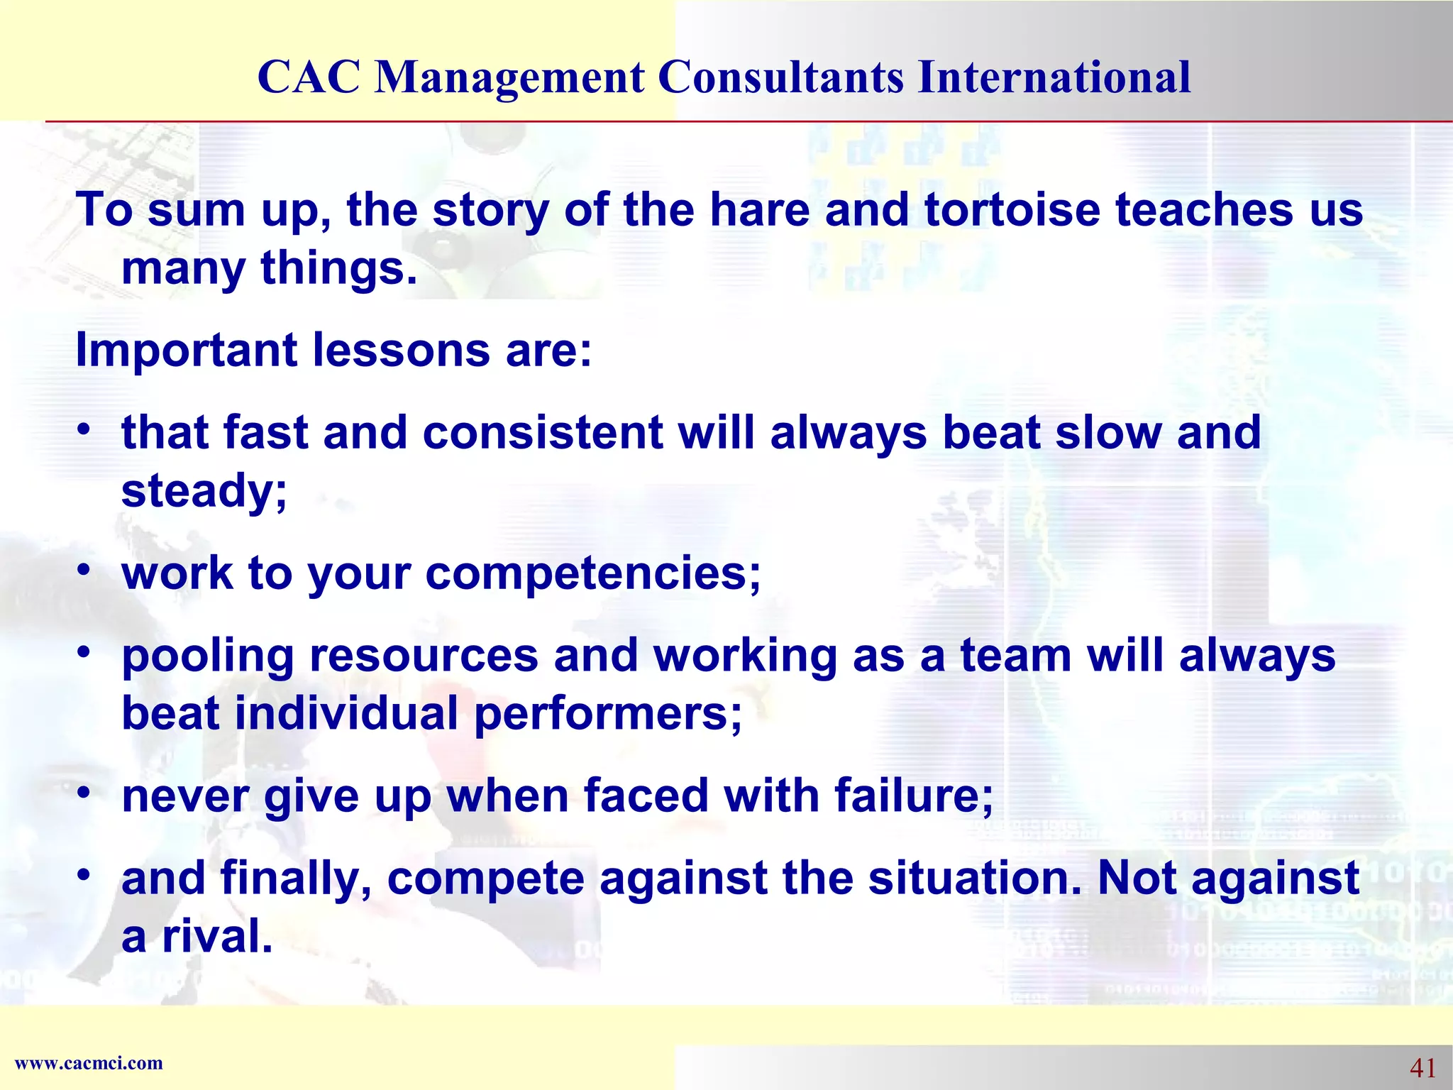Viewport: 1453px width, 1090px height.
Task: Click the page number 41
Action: [x=1422, y=1067]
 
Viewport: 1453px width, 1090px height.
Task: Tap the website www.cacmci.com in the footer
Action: [x=89, y=1063]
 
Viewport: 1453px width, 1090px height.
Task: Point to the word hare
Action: [x=759, y=210]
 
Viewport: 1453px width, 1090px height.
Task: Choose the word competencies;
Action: [x=592, y=573]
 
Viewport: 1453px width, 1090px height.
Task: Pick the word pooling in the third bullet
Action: [x=207, y=656]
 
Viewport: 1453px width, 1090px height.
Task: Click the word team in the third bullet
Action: [x=1015, y=655]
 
